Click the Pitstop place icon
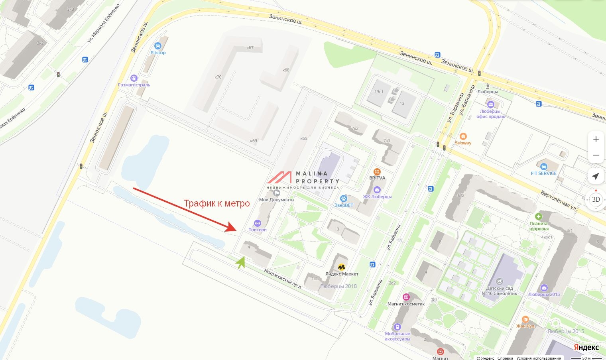tap(157, 46)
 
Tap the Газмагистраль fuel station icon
tap(134, 78)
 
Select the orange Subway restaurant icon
tap(463, 136)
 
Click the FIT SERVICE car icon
tap(543, 166)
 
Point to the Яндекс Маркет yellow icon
tap(342, 267)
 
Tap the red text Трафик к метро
tap(216, 203)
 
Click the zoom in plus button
tap(596, 139)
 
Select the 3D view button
tap(596, 199)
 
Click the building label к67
tap(250, 48)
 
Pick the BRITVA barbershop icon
tap(377, 172)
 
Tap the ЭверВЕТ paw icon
tap(343, 199)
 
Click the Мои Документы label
tap(277, 199)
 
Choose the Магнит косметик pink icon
tap(406, 297)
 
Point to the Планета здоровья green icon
tap(539, 216)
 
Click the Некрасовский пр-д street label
tap(282, 278)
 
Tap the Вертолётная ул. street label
tap(559, 201)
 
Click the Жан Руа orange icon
tap(525, 319)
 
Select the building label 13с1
tap(379, 92)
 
